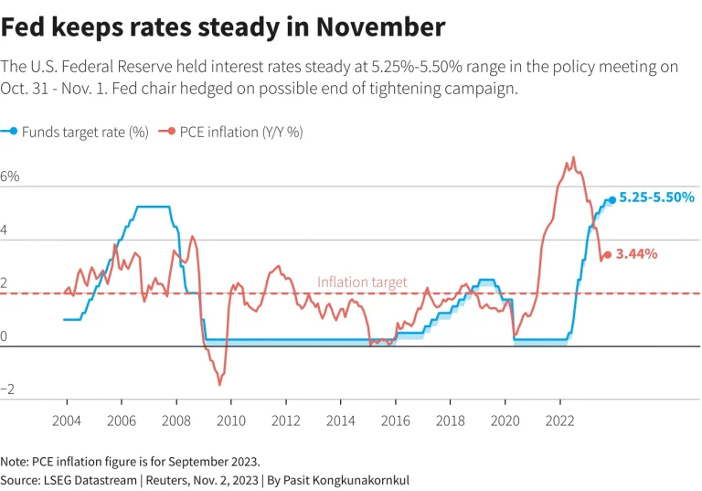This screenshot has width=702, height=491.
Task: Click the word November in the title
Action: (x=380, y=27)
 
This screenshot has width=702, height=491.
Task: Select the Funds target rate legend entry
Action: (x=74, y=133)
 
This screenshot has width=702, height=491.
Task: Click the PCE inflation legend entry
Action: (x=231, y=133)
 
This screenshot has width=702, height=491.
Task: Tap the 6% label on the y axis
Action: (x=10, y=176)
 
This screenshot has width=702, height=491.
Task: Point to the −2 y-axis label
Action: (x=7, y=389)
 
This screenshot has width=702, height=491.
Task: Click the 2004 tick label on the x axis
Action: (x=67, y=421)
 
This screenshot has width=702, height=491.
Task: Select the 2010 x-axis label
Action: (x=231, y=421)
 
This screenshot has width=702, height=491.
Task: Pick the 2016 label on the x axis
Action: (x=395, y=421)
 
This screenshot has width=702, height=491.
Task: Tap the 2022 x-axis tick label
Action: (x=559, y=421)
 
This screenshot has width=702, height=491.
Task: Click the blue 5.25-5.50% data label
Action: (x=657, y=197)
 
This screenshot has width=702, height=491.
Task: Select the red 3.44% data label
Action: (x=636, y=254)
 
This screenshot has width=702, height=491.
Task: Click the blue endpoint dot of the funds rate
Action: (x=612, y=200)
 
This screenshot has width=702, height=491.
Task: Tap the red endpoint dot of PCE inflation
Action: (x=608, y=255)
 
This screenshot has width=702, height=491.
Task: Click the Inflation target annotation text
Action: (x=362, y=283)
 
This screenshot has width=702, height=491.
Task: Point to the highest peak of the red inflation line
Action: (x=573, y=157)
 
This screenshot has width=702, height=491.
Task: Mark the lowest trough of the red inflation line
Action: (x=219, y=384)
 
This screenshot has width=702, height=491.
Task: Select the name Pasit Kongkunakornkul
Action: (x=346, y=480)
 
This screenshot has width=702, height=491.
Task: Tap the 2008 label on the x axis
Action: (x=176, y=421)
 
